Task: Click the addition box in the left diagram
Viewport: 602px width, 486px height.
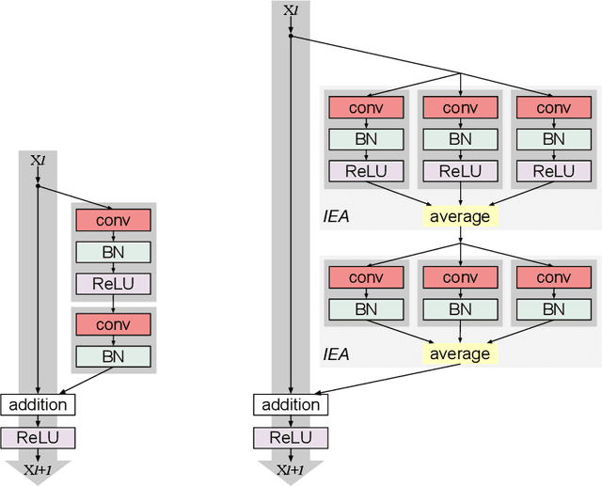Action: (38, 405)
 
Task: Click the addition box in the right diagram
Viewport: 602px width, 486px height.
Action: (291, 405)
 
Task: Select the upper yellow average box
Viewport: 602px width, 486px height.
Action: (460, 216)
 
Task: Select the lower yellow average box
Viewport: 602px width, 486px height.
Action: (460, 353)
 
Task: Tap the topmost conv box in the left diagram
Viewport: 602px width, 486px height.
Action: (113, 220)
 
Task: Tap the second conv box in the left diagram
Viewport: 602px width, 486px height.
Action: (113, 323)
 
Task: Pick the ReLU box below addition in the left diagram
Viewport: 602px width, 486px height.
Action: (38, 437)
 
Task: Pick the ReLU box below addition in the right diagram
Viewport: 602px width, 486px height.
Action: (291, 437)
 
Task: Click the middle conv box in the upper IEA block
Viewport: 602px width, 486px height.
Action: (460, 107)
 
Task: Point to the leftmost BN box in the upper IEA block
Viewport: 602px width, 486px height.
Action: (366, 139)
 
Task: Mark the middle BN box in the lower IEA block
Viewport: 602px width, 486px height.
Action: (460, 309)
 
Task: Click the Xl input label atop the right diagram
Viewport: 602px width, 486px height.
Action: (291, 10)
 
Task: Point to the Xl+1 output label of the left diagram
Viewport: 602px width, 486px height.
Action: (38, 469)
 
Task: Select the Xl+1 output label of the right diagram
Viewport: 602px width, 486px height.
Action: (291, 469)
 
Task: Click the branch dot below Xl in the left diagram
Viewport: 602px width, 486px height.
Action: (38, 186)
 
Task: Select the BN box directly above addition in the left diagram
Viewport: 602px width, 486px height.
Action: (113, 355)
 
